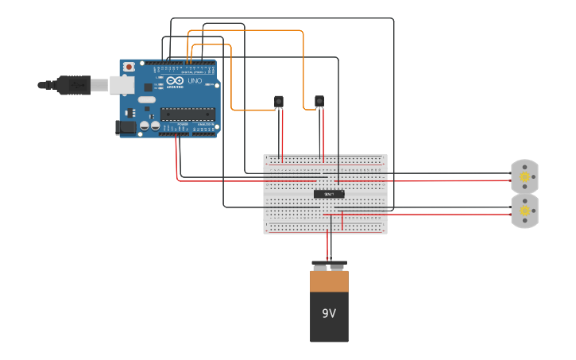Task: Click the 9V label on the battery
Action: [x=329, y=313]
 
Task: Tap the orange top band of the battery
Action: [x=329, y=281]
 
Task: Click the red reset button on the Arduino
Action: [x=129, y=68]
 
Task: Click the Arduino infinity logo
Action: [x=175, y=80]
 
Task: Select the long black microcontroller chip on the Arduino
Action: [x=188, y=114]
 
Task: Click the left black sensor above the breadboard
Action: [x=279, y=101]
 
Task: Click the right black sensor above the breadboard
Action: [x=319, y=101]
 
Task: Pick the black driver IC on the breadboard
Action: [x=328, y=194]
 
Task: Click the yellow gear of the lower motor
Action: [x=524, y=211]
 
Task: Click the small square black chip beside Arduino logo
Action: [x=148, y=87]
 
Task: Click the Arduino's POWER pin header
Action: [x=174, y=134]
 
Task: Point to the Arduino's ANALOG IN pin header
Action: [x=205, y=134]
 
